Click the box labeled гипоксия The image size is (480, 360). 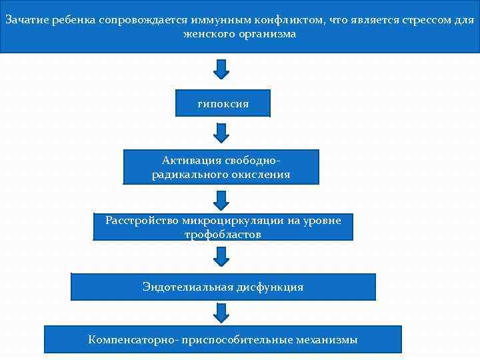click(223, 103)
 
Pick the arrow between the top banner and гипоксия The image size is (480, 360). click(221, 69)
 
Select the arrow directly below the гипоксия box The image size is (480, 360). click(221, 133)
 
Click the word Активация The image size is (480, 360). click(192, 161)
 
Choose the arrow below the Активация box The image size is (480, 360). click(221, 199)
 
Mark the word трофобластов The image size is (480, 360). click(223, 234)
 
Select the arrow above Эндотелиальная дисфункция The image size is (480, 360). click(221, 256)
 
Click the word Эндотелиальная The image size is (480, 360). click(187, 287)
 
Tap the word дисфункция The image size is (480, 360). click(270, 287)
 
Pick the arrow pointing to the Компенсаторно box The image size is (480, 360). click(221, 312)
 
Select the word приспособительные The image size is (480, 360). click(231, 340)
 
